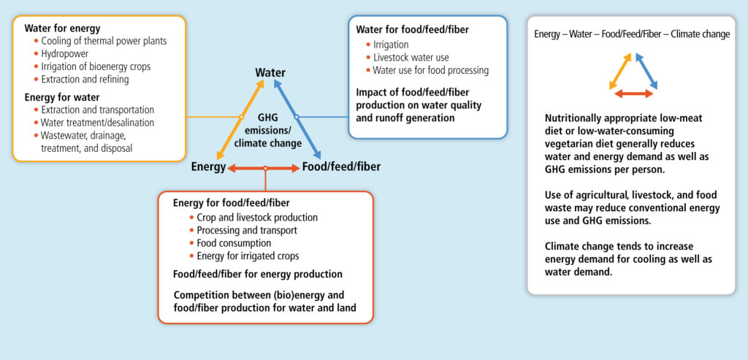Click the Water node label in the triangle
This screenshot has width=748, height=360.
[x=270, y=73]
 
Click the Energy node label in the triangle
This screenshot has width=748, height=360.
[x=208, y=167]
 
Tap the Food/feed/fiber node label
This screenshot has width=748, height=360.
[x=342, y=167]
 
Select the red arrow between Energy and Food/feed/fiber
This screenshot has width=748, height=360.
[x=264, y=168]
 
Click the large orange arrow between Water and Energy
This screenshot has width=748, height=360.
[x=240, y=119]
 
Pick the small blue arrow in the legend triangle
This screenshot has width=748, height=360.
[x=646, y=71]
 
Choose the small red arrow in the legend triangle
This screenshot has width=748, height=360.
[x=633, y=94]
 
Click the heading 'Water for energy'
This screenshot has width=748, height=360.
[x=63, y=28]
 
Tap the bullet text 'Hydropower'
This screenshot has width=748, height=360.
[x=65, y=54]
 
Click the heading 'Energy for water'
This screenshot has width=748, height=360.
[x=62, y=98]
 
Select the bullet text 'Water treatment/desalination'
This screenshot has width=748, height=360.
[x=97, y=123]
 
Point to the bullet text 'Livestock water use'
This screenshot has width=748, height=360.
[x=411, y=58]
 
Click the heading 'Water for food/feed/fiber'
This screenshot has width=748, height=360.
[x=412, y=29]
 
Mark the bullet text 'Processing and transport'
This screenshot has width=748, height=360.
[x=247, y=230]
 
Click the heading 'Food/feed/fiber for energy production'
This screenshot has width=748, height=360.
[x=258, y=274]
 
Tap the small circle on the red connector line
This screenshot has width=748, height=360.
[x=265, y=168]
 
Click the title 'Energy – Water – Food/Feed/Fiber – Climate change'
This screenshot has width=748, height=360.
[x=632, y=34]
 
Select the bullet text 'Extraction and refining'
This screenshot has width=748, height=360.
[x=85, y=79]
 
